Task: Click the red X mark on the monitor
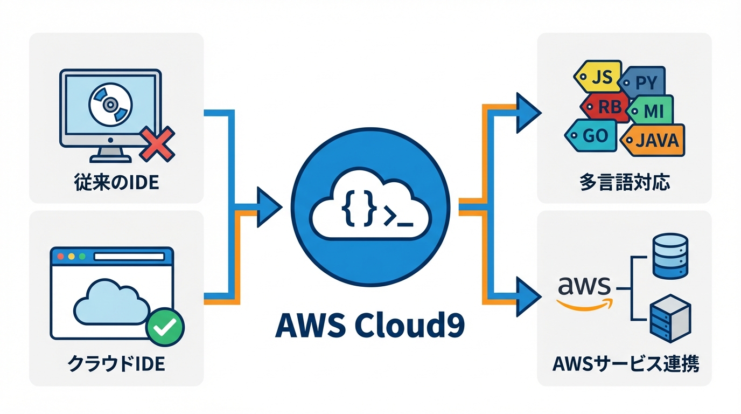click(x=157, y=143)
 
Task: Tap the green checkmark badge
click(x=166, y=326)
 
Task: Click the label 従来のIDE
click(x=116, y=182)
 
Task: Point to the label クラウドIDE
click(x=116, y=364)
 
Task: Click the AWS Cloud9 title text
click(x=369, y=325)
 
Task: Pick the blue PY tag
click(x=645, y=83)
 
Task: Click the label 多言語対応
click(x=625, y=183)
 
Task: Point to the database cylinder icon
click(x=670, y=257)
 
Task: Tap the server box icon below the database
click(x=670, y=319)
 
